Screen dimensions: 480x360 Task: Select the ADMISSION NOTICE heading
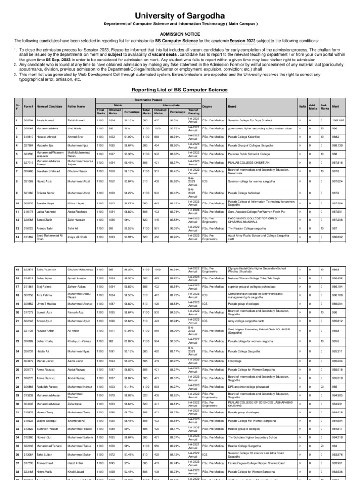pos(180,34)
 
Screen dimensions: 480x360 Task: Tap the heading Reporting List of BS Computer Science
pos(180,89)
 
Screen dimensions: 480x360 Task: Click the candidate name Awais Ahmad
pos(46,120)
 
